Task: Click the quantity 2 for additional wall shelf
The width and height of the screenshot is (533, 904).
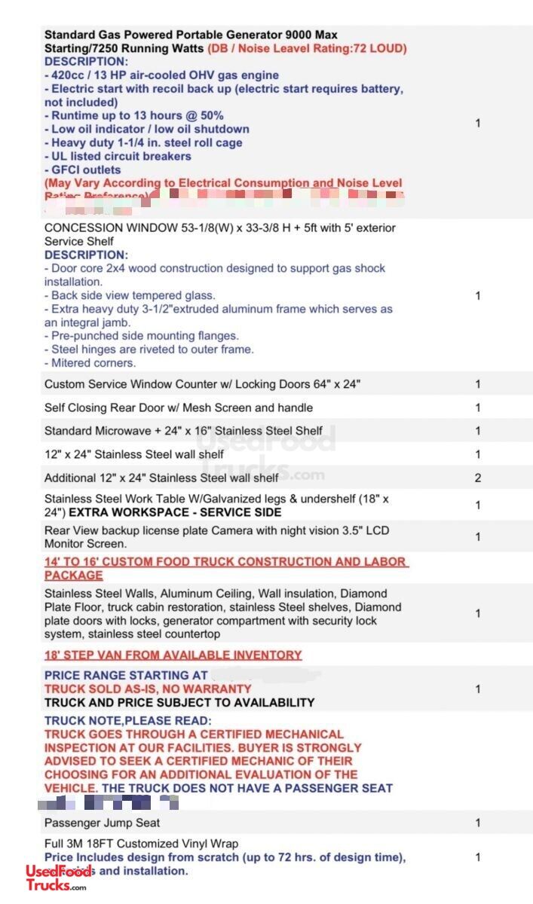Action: (x=478, y=478)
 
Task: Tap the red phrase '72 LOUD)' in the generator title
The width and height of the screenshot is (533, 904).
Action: (x=378, y=48)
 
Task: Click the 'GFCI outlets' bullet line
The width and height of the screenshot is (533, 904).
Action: (x=82, y=169)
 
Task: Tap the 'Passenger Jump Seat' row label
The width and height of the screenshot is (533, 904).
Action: (x=102, y=823)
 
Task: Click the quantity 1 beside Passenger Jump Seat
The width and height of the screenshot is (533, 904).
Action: (x=478, y=823)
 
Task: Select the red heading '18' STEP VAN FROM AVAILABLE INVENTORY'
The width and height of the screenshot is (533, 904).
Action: (x=173, y=655)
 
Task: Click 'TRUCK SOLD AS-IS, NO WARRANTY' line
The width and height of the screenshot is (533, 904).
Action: (x=148, y=689)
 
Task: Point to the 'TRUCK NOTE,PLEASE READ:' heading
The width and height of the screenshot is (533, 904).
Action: (x=127, y=720)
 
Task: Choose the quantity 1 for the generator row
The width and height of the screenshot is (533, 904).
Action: (x=478, y=123)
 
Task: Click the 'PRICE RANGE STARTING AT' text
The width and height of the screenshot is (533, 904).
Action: (x=126, y=675)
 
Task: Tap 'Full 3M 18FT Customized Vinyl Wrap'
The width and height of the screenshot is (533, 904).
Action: (x=141, y=844)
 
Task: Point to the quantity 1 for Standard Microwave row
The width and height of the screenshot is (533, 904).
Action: (x=478, y=431)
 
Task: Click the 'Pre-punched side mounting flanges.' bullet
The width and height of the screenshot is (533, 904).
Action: (x=141, y=336)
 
